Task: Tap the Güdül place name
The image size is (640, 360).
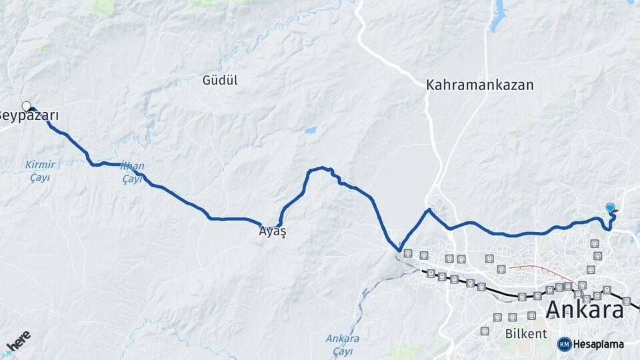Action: click(x=220, y=81)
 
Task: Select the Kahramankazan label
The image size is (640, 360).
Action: click(x=480, y=85)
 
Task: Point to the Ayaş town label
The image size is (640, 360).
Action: click(x=273, y=232)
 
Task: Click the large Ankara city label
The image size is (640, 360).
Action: click(x=585, y=310)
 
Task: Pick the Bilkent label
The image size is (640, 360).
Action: click(x=526, y=333)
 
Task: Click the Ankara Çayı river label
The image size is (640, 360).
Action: click(x=343, y=343)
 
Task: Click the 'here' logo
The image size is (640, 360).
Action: click(x=18, y=341)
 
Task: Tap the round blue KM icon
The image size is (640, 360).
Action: click(x=564, y=344)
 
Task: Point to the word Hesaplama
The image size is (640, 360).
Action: click(x=599, y=344)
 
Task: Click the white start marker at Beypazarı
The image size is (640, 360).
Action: click(x=27, y=106)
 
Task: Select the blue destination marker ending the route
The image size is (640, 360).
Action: click(x=611, y=208)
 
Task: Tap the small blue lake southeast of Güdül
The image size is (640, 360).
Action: click(x=310, y=131)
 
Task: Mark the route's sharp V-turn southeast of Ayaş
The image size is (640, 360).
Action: click(x=399, y=251)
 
